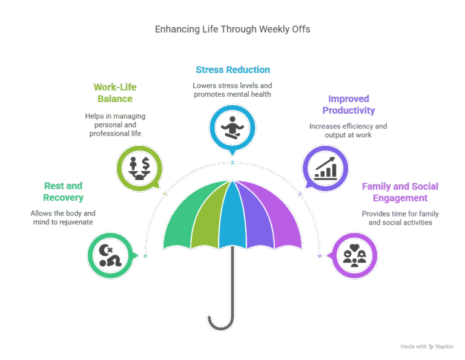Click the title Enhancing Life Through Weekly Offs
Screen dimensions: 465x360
point(232,29)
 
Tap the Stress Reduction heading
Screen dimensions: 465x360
point(232,70)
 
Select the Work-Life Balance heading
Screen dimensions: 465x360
point(115,93)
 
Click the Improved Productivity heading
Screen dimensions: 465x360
point(349,104)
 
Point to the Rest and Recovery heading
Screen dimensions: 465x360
point(63,191)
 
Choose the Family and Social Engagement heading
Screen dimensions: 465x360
point(400,192)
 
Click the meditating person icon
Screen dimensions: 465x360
point(232,128)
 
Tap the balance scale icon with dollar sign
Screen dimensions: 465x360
point(139,168)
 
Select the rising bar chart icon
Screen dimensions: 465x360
point(326,168)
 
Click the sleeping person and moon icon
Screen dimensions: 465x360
point(110,255)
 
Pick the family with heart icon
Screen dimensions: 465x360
point(355,255)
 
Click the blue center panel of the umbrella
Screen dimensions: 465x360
point(232,216)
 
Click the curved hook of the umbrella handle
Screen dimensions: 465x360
point(221,326)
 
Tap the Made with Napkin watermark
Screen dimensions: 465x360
point(427,346)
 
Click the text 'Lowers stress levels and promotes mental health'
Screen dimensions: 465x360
point(232,90)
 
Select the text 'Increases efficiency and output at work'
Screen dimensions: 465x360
point(348,131)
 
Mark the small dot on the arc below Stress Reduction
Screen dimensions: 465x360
point(232,163)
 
